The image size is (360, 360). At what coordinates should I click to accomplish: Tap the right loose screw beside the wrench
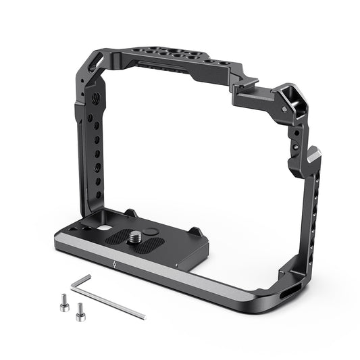[x=80, y=311]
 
